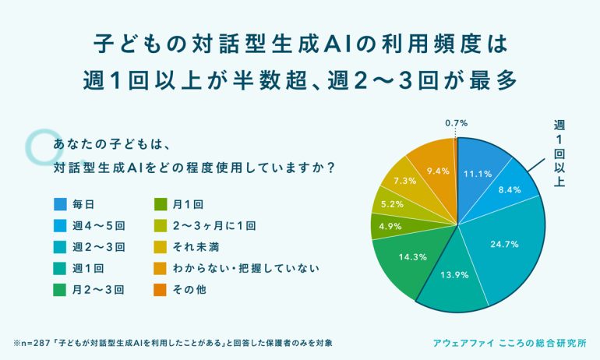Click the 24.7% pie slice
(503, 245)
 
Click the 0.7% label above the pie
(456, 122)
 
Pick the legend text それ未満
(195, 247)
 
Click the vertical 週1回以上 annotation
(559, 154)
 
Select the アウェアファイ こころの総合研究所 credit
(515, 342)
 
